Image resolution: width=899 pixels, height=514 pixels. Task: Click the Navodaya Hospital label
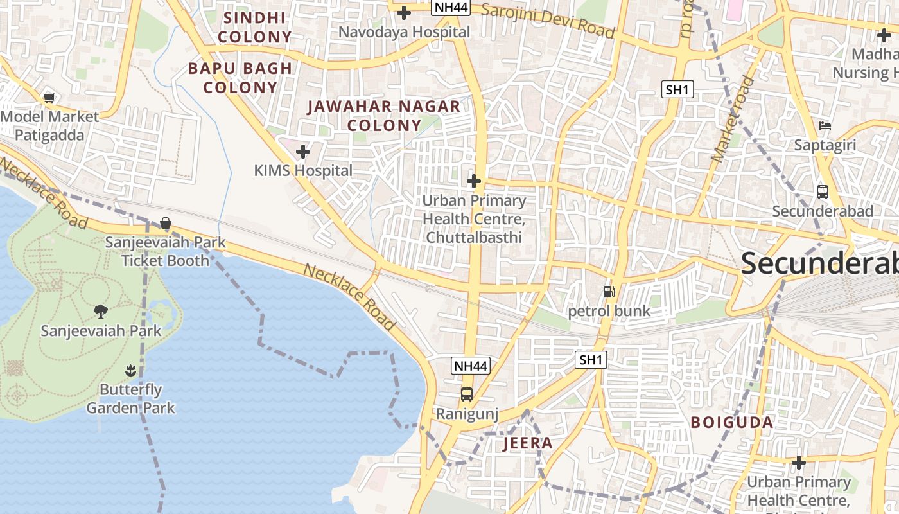[x=404, y=31]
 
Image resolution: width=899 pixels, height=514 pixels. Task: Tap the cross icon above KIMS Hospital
[x=302, y=152]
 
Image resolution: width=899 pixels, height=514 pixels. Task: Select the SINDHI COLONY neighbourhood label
[x=254, y=27]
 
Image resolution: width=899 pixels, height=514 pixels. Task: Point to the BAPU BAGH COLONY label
[x=240, y=77]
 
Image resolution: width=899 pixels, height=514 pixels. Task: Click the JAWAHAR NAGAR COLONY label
[x=384, y=116]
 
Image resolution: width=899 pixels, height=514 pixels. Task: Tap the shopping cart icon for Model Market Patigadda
[x=49, y=98]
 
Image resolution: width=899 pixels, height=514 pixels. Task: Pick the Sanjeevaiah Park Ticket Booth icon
[x=166, y=223]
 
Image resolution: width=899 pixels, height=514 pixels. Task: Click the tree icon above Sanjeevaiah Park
[x=100, y=312]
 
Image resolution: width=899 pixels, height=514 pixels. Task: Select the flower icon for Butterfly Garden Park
[x=130, y=371]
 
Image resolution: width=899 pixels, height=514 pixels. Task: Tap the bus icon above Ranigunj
[x=467, y=394]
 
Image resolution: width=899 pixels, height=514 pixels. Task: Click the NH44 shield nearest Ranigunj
[x=471, y=366]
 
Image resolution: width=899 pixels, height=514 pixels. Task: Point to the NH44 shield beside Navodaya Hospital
[x=451, y=8]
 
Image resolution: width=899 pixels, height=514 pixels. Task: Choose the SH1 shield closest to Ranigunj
[x=591, y=360]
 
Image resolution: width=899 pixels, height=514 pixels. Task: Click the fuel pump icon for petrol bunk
[x=608, y=292]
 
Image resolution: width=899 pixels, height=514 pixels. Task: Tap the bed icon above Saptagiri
[x=825, y=125]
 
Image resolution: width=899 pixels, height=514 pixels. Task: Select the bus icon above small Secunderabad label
[x=822, y=191]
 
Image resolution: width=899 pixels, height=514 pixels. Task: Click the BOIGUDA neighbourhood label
[x=732, y=422]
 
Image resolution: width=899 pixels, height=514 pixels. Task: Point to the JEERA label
[x=528, y=443]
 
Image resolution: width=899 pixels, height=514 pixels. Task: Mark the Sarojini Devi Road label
[x=548, y=20]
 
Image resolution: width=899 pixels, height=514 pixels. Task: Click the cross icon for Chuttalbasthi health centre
[x=474, y=181]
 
